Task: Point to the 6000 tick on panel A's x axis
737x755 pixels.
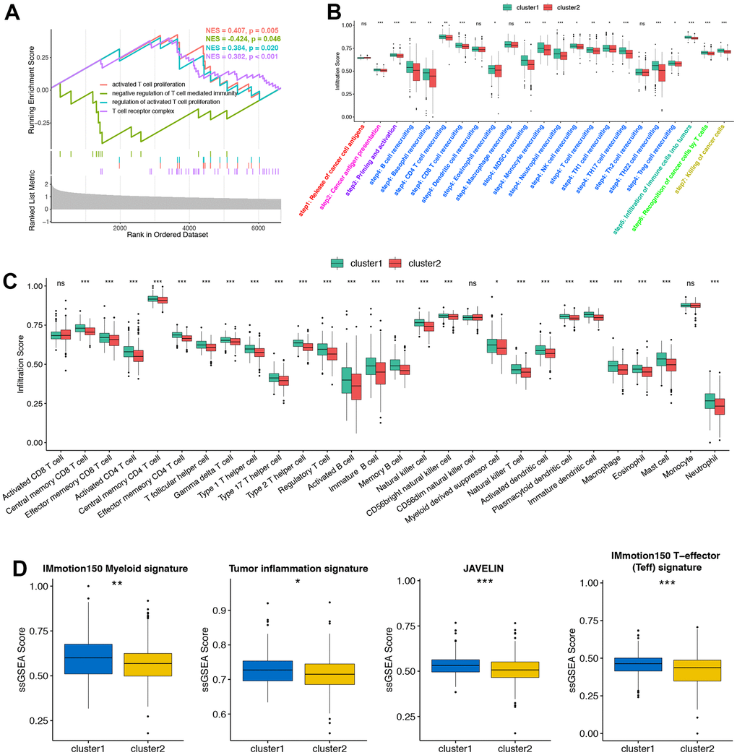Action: [x=259, y=227]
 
